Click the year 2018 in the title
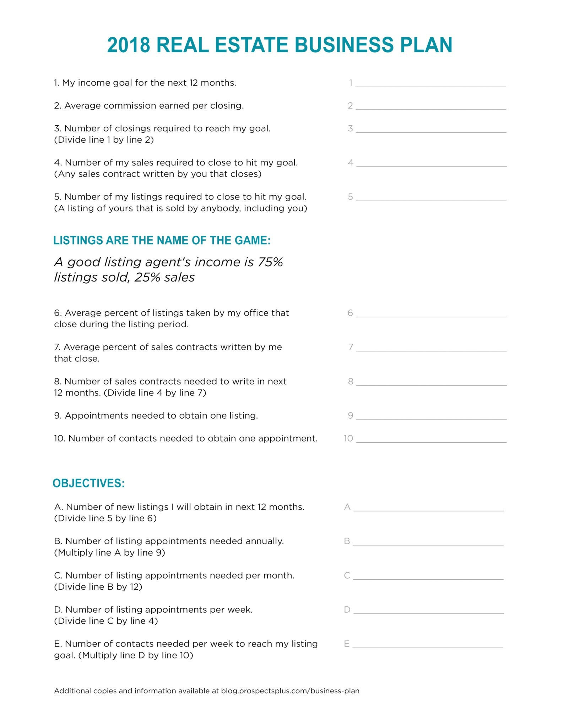pos(128,45)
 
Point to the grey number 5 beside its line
pos(350,197)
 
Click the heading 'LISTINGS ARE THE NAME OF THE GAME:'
pos(162,240)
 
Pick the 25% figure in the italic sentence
pos(147,277)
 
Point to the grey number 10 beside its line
pos(348,438)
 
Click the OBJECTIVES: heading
pos(89,483)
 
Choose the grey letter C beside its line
pos(347,575)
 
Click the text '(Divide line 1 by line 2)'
pos(104,140)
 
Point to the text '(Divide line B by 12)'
pos(98,587)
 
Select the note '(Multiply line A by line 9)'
pos(109,553)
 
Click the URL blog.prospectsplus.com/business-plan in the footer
pos(290,691)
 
